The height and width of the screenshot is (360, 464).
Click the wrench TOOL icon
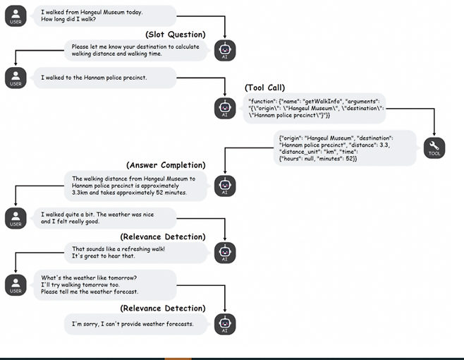pyautogui.click(x=434, y=148)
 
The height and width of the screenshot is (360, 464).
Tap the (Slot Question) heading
pyautogui.click(x=175, y=35)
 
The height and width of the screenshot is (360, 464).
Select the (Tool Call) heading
pyautogui.click(x=264, y=88)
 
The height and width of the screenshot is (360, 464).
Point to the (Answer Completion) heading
pyautogui.click(x=166, y=165)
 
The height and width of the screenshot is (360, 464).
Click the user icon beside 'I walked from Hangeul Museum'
pyautogui.click(x=16, y=16)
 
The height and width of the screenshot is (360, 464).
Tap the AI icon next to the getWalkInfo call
pyautogui.click(x=225, y=108)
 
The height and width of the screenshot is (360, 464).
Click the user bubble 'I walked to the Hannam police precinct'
pyautogui.click(x=105, y=78)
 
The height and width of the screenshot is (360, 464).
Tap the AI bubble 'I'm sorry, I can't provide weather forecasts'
pyautogui.click(x=135, y=324)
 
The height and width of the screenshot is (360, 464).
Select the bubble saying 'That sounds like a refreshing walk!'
pyautogui.click(x=135, y=253)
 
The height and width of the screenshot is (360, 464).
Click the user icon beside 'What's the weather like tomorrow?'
pyautogui.click(x=16, y=285)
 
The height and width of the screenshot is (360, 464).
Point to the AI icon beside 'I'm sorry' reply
pyautogui.click(x=225, y=324)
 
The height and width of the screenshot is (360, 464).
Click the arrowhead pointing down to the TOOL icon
pyautogui.click(x=434, y=134)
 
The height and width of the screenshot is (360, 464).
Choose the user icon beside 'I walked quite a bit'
pyautogui.click(x=16, y=218)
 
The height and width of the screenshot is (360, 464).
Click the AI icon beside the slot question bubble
pyautogui.click(x=225, y=50)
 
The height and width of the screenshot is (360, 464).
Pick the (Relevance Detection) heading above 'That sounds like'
pyautogui.click(x=163, y=236)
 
